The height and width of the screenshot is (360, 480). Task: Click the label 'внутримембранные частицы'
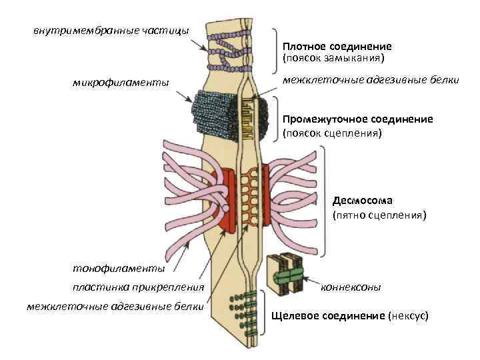[x=111, y=30]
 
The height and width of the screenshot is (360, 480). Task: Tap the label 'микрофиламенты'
[x=121, y=83]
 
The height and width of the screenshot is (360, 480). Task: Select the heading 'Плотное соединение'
[x=337, y=47]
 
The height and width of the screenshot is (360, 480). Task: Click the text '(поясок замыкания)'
[x=334, y=58]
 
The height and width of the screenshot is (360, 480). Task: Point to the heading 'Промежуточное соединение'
[x=357, y=119]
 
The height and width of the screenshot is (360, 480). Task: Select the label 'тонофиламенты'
[x=119, y=268]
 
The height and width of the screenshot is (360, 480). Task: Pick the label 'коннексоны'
[x=351, y=288]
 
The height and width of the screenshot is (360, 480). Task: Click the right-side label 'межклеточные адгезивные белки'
[x=371, y=81]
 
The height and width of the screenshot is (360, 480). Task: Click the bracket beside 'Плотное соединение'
[x=275, y=50]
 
